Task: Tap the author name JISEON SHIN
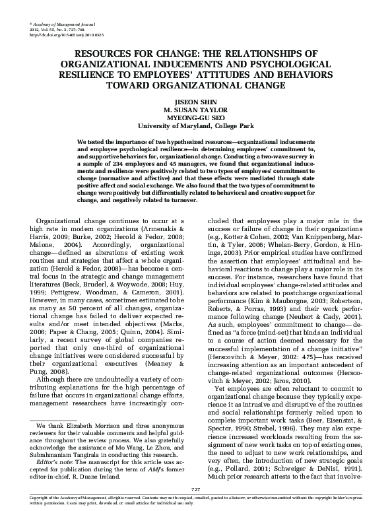click(195, 104)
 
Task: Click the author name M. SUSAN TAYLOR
click(195, 111)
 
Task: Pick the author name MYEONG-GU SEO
click(195, 118)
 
